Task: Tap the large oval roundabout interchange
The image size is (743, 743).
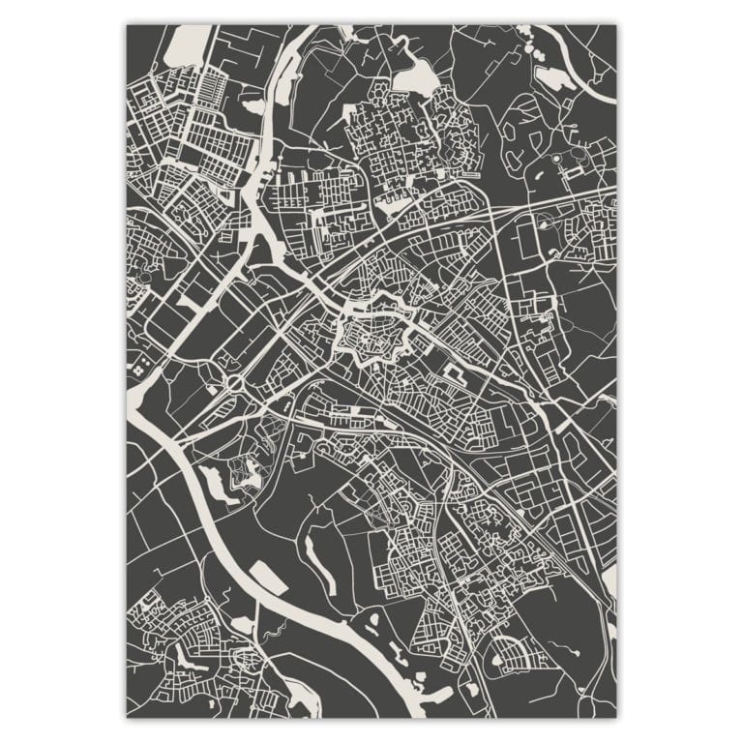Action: (x=235, y=384)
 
